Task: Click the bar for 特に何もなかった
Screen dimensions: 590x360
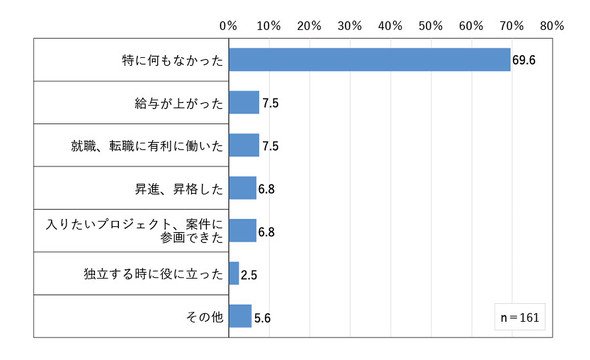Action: [x=370, y=60]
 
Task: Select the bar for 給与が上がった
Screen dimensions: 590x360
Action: [x=244, y=103]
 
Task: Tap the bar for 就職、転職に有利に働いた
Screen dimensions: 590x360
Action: [x=244, y=145]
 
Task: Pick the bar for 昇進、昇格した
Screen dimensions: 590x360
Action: [x=242, y=188]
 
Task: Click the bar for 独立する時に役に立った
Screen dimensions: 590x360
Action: [x=234, y=273]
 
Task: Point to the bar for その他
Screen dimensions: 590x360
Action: [x=240, y=316]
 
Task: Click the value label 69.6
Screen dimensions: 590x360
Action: [x=524, y=60]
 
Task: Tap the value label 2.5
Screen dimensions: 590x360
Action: [x=249, y=275]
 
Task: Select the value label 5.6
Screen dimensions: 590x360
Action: [x=262, y=318]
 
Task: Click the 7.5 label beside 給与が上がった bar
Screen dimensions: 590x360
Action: [x=271, y=103]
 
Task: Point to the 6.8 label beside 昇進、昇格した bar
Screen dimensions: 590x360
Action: [x=266, y=189]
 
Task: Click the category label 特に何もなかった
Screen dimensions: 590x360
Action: [x=173, y=60]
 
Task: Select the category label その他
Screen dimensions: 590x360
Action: [x=205, y=317]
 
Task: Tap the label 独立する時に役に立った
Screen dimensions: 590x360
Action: [x=154, y=274]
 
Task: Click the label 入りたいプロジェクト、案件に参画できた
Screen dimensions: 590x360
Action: [x=135, y=231]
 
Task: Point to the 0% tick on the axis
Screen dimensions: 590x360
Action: [x=228, y=26]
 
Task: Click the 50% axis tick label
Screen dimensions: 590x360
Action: [x=431, y=26]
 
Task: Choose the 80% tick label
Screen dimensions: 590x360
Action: [x=552, y=26]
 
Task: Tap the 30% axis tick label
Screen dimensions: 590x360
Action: [x=350, y=26]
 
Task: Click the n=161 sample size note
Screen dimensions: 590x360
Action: [x=520, y=317]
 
